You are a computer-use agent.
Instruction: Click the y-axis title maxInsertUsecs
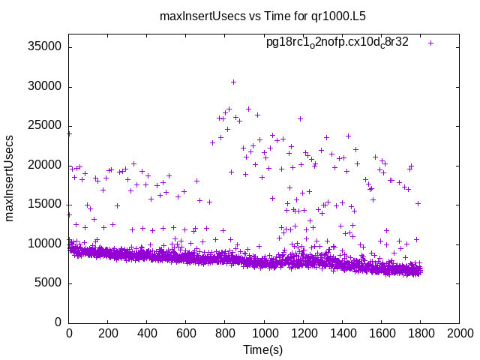pos(10,178)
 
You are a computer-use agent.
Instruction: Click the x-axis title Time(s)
pos(263,349)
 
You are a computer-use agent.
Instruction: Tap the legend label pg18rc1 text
pos(337,42)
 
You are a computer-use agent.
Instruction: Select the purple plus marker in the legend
pos(430,43)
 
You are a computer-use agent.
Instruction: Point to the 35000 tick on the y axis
pos(44,47)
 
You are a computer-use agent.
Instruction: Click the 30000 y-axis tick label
pos(44,87)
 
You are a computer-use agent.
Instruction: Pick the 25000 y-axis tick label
pos(44,126)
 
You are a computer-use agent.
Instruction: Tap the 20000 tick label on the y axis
pos(44,166)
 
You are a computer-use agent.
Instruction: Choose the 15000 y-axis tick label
pos(44,205)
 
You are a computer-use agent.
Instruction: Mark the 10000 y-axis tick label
pos(44,244)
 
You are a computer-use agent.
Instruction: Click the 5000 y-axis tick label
pos(47,283)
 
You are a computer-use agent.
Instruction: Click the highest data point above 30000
pos(233,82)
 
